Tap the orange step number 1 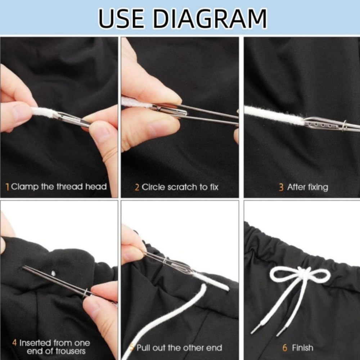tap(8, 187)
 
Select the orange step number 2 tap(137, 187)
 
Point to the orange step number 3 tap(281, 187)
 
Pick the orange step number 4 tap(15, 342)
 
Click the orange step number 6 tap(285, 348)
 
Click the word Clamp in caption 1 tap(24, 187)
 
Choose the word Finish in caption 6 tap(302, 348)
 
